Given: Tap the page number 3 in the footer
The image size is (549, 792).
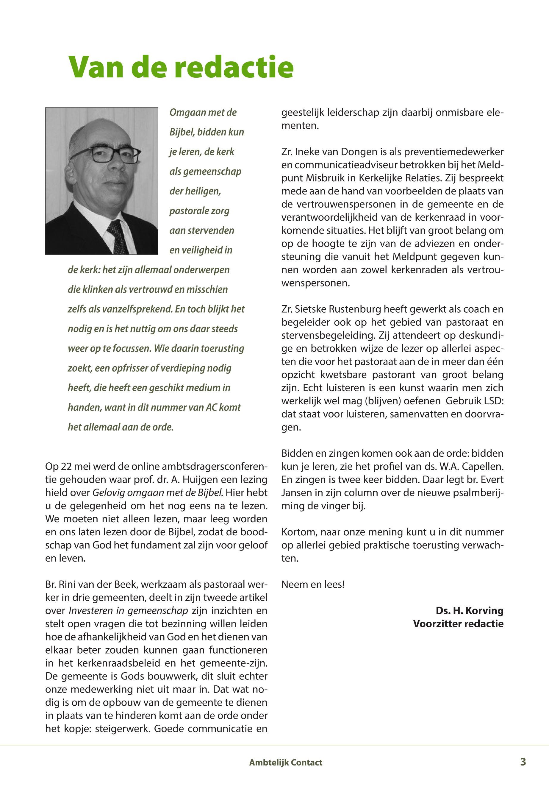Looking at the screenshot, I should (523, 762).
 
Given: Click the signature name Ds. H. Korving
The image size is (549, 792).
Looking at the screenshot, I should (469, 611).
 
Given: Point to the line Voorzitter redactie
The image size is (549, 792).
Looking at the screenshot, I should (458, 624).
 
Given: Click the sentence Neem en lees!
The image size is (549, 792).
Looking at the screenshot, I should (313, 584).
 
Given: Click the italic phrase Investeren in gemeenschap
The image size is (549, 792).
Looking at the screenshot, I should (128, 611).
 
